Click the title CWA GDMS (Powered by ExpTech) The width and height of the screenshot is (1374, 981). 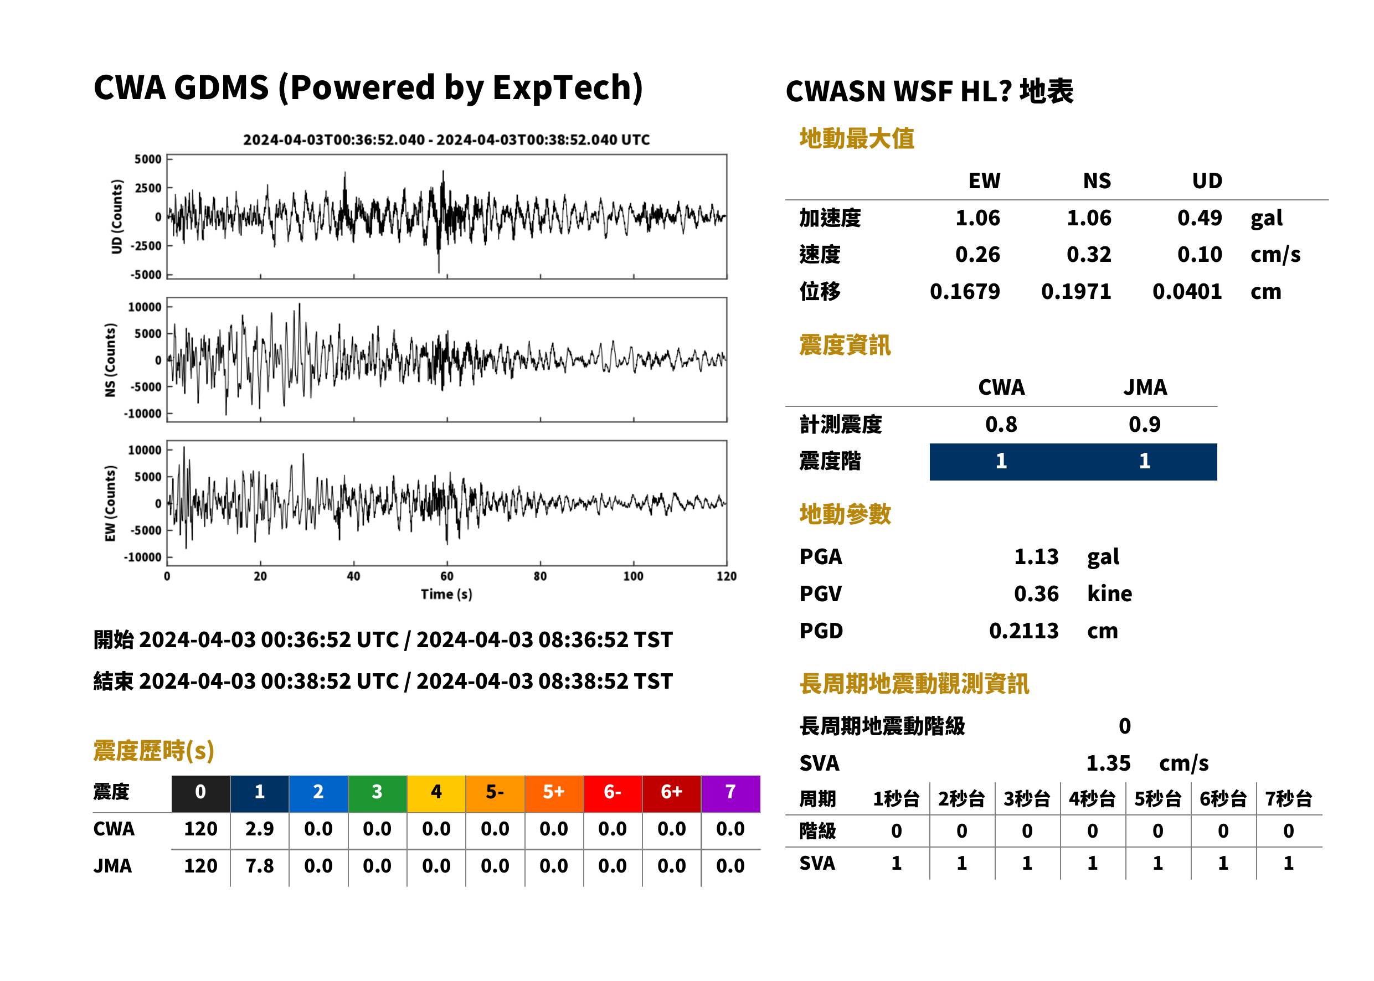[x=368, y=88]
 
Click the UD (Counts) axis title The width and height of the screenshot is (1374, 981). [x=117, y=216]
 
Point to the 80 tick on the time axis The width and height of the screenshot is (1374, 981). [x=539, y=576]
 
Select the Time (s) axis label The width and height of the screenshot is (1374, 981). [x=446, y=595]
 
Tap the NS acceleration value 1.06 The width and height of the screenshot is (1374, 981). [x=1088, y=218]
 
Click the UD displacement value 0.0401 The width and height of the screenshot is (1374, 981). [x=1187, y=292]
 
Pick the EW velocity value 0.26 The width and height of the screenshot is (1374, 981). [x=977, y=255]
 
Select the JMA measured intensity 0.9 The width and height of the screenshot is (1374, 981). [x=1144, y=425]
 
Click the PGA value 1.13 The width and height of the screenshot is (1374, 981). [x=1036, y=556]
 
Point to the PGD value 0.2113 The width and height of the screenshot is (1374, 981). [x=1023, y=631]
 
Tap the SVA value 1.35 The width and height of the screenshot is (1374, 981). [x=1108, y=763]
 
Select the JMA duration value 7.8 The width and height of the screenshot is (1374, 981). [x=259, y=866]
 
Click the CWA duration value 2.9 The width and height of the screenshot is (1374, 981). [x=259, y=829]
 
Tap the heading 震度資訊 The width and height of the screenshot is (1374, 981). [x=845, y=345]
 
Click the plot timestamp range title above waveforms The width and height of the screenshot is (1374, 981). [x=446, y=140]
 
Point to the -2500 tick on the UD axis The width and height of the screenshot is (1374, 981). [x=146, y=246]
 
